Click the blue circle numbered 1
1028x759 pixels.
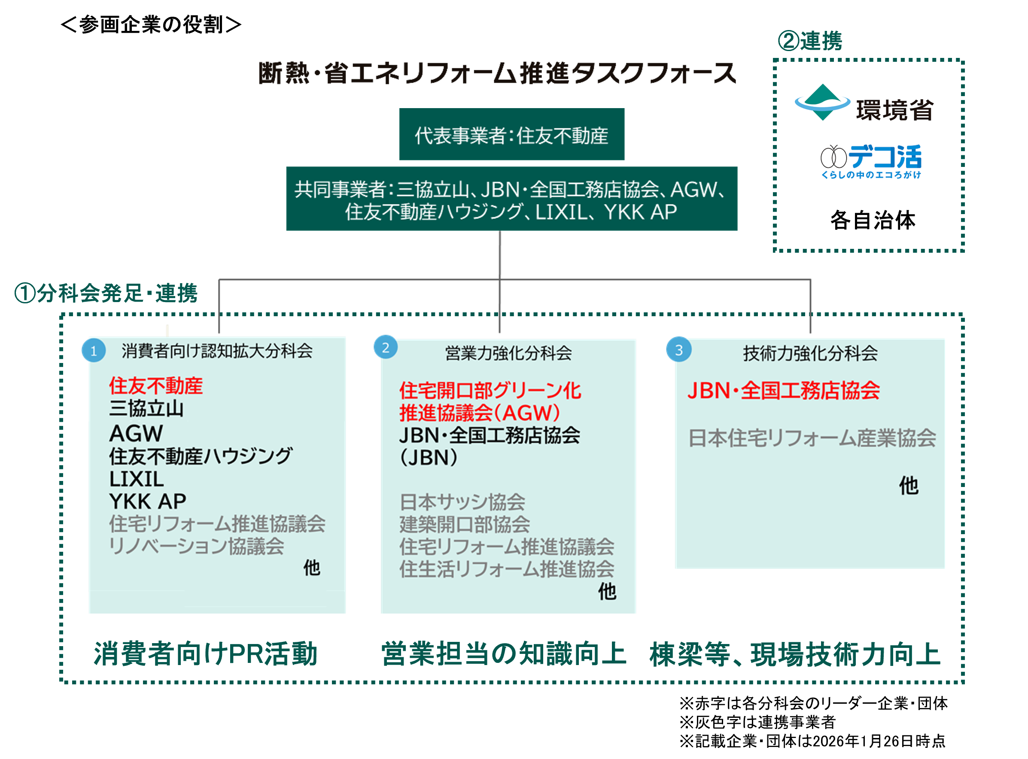[93, 351]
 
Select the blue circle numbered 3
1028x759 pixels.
[678, 349]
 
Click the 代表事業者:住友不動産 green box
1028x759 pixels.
[511, 135]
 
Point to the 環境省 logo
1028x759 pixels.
[864, 103]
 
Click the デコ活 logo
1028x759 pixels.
[868, 162]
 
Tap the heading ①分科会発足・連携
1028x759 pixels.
[106, 293]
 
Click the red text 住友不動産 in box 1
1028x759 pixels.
[156, 385]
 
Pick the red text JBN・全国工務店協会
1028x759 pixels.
[783, 390]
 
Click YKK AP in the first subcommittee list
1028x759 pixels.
[148, 501]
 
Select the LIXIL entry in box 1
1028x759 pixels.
[137, 479]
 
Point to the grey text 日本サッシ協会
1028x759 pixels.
[462, 502]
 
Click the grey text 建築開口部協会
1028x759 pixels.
[464, 524]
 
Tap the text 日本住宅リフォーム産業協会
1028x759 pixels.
[812, 438]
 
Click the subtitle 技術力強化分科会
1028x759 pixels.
[810, 353]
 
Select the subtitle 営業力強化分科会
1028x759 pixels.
[508, 353]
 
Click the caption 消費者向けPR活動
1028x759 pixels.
[206, 654]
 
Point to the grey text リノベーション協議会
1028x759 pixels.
[196, 546]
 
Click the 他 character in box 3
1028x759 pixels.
[909, 486]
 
